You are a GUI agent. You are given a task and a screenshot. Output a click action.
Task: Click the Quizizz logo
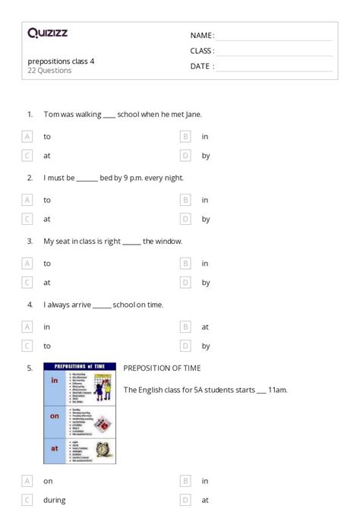pyautogui.click(x=47, y=33)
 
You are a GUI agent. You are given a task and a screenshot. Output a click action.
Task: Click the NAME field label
pyautogui.click(x=201, y=35)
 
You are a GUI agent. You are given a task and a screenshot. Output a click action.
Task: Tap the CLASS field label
pyautogui.click(x=202, y=51)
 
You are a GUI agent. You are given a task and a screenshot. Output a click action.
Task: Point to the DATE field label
pyautogui.click(x=201, y=66)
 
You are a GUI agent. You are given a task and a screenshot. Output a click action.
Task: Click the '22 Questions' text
pyautogui.click(x=49, y=71)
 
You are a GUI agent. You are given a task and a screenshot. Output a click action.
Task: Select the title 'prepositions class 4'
pyautogui.click(x=62, y=61)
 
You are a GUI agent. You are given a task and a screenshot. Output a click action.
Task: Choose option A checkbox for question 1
pyautogui.click(x=27, y=137)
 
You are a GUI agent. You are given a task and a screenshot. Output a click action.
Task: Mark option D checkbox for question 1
pyautogui.click(x=185, y=156)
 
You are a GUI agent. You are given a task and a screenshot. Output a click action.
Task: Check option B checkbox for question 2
pyautogui.click(x=185, y=200)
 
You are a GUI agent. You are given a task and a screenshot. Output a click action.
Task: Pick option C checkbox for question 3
pyautogui.click(x=27, y=283)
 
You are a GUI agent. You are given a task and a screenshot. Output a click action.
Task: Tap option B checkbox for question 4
pyautogui.click(x=185, y=327)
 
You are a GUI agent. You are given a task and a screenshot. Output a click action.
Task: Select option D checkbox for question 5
pyautogui.click(x=185, y=500)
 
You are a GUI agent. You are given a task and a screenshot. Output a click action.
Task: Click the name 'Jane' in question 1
pyautogui.click(x=191, y=115)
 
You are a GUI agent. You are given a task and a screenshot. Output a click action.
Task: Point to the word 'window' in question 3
pyautogui.click(x=168, y=242)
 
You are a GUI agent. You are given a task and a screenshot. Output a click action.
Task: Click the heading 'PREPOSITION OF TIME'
pyautogui.click(x=162, y=368)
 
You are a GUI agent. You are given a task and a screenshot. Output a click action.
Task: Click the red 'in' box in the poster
pyautogui.click(x=55, y=380)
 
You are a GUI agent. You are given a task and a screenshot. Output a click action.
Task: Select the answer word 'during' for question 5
pyautogui.click(x=54, y=500)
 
